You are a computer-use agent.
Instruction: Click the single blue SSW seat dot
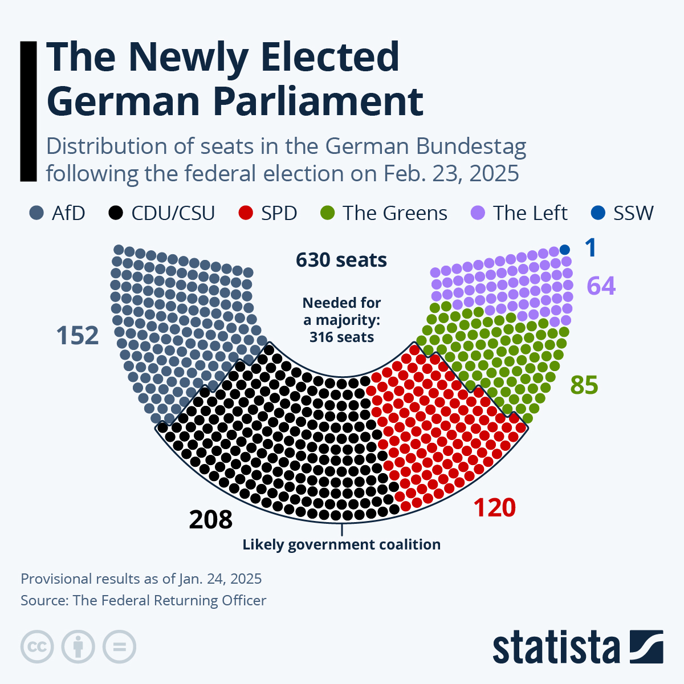[565, 250]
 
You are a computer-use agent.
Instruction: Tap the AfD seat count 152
[78, 336]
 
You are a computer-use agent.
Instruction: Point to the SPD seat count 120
[494, 508]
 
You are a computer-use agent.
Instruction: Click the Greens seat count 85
[584, 385]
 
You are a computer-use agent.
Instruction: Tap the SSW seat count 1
[591, 249]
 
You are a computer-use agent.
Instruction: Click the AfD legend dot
[36, 213]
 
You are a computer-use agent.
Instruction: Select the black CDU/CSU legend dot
[116, 213]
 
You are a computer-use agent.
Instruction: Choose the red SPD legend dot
[245, 213]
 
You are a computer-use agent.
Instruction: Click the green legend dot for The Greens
[327, 213]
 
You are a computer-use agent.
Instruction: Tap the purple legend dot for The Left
[478, 213]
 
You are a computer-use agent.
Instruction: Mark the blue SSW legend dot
[597, 213]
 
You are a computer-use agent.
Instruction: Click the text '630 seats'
[341, 260]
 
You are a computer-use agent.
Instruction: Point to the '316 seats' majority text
[341, 337]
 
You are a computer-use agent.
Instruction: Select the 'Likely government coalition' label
[341, 544]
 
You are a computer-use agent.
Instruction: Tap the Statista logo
[577, 648]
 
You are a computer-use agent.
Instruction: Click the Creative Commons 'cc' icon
[37, 647]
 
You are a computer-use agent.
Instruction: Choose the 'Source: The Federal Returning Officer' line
[143, 600]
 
